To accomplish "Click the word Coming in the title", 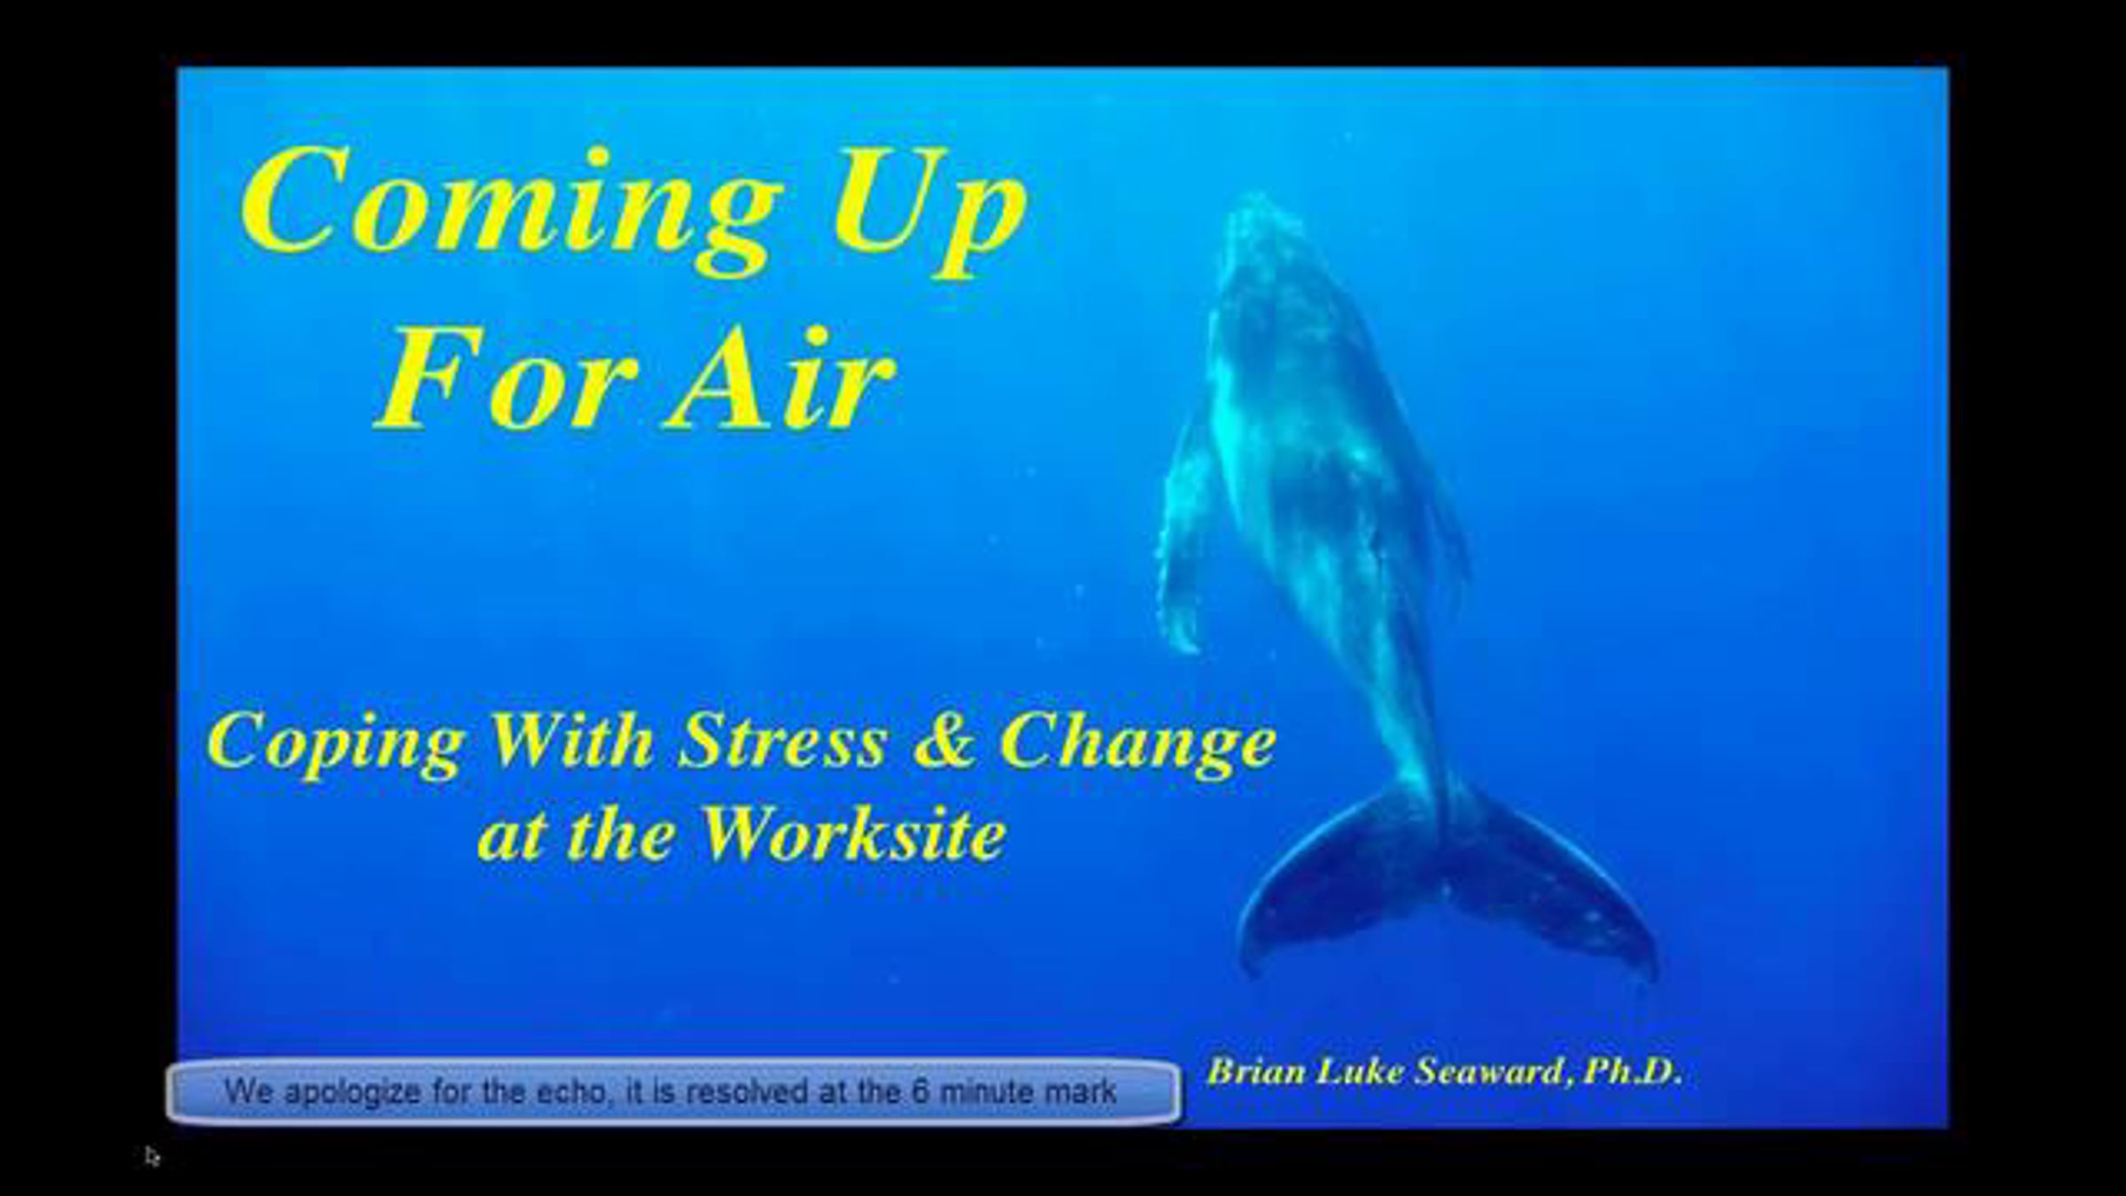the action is pyautogui.click(x=511, y=211).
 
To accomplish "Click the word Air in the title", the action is pyautogui.click(x=782, y=379).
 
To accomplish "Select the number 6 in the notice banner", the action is pyautogui.click(x=921, y=1091).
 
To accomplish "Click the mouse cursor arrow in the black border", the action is pyautogui.click(x=152, y=1156).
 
